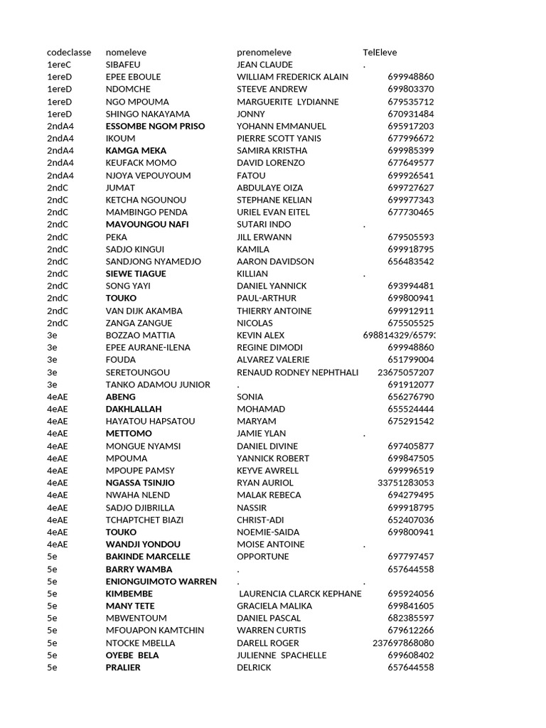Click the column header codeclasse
pyautogui.click(x=69, y=52)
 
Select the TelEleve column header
pyautogui.click(x=380, y=52)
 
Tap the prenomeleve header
pyautogui.click(x=264, y=52)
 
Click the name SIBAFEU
pyautogui.click(x=123, y=65)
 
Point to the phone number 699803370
pyautogui.click(x=410, y=89)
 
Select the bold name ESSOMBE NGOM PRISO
pyautogui.click(x=155, y=126)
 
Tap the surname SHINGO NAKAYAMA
pyautogui.click(x=147, y=114)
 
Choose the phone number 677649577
pyautogui.click(x=410, y=163)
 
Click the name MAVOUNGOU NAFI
pyautogui.click(x=147, y=225)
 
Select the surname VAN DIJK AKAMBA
pyautogui.click(x=144, y=311)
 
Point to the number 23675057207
pyautogui.click(x=405, y=372)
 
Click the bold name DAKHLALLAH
pyautogui.click(x=134, y=409)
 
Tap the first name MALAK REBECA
pyautogui.click(x=269, y=495)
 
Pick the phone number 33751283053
pyautogui.click(x=405, y=483)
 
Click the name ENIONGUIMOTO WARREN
pyautogui.click(x=161, y=582)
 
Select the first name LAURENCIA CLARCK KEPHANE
pyautogui.click(x=300, y=594)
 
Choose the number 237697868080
pyautogui.click(x=403, y=643)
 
